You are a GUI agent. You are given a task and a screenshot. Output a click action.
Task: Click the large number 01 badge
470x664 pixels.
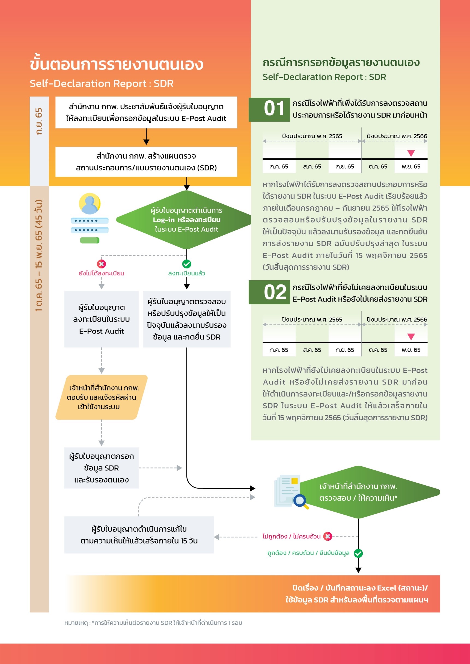tap(269, 110)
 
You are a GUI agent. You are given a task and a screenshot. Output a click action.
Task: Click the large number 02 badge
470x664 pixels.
tap(269, 292)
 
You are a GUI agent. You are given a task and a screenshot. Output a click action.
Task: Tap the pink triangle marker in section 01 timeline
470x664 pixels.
tap(411, 153)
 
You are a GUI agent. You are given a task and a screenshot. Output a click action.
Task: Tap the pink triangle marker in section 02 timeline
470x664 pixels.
tap(411, 336)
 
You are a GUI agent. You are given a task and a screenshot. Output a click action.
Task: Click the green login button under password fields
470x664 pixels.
tap(90, 240)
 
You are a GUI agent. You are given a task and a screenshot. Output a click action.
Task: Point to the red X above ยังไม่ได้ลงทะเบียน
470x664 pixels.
tap(101, 264)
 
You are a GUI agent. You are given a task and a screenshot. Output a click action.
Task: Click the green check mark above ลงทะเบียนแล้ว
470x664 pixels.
tap(187, 264)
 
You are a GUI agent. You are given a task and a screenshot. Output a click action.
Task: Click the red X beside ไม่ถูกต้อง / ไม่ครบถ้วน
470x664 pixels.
tap(328, 536)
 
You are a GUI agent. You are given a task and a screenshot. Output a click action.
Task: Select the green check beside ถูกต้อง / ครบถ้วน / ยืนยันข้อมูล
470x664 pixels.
tap(358, 553)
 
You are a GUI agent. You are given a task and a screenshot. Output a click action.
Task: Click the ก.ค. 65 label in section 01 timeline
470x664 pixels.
tap(279, 167)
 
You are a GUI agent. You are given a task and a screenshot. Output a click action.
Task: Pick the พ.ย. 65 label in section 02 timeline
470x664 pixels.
tap(411, 350)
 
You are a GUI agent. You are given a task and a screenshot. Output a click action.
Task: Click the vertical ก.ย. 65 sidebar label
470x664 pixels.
tap(39, 121)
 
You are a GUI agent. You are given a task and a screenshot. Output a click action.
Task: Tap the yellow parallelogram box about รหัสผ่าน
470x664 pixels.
tap(102, 397)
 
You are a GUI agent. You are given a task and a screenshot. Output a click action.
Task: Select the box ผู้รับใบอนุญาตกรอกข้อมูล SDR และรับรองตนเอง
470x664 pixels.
tap(102, 468)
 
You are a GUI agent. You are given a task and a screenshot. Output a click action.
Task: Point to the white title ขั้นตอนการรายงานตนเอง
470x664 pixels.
tap(117, 64)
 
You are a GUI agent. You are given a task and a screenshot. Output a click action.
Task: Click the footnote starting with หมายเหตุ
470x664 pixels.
tap(153, 623)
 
